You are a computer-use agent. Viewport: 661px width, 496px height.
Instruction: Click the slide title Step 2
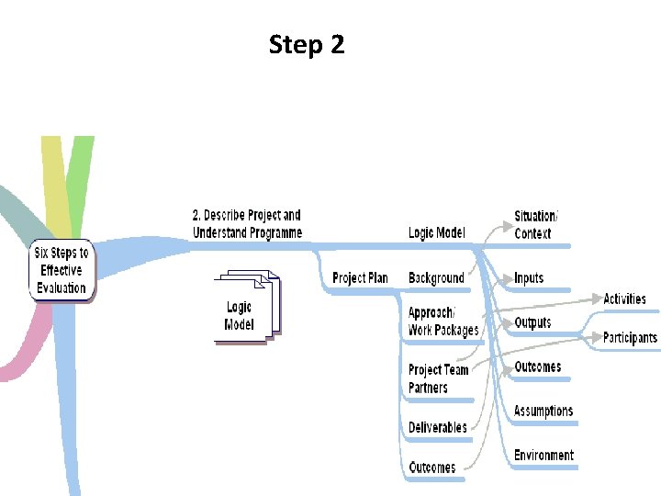[307, 44]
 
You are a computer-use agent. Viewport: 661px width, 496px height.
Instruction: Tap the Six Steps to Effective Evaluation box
[62, 270]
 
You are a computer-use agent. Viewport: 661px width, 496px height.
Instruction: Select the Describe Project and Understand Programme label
[247, 224]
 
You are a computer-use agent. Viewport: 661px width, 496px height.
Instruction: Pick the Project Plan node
[360, 278]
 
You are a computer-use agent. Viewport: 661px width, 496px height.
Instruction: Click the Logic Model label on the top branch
[436, 233]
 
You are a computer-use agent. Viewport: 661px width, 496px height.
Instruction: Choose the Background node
[436, 278]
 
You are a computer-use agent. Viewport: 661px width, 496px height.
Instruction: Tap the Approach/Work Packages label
[443, 321]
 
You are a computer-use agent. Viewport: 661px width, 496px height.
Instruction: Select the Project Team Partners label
[438, 378]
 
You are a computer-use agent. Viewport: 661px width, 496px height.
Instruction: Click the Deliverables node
[437, 427]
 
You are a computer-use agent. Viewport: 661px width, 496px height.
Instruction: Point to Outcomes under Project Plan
[431, 468]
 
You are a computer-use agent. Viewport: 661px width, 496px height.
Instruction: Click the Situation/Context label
[535, 225]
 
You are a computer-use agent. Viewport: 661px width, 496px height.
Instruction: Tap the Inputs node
[529, 278]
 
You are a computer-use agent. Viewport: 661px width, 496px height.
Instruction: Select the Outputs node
[532, 322]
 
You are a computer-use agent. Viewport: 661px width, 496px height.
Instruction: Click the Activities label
[624, 299]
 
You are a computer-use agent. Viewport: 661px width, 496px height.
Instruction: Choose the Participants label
[630, 338]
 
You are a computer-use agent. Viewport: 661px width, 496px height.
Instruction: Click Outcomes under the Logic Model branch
[537, 367]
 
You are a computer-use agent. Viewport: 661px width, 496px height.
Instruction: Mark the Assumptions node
[543, 411]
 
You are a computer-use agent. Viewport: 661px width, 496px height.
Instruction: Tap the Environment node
[543, 456]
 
